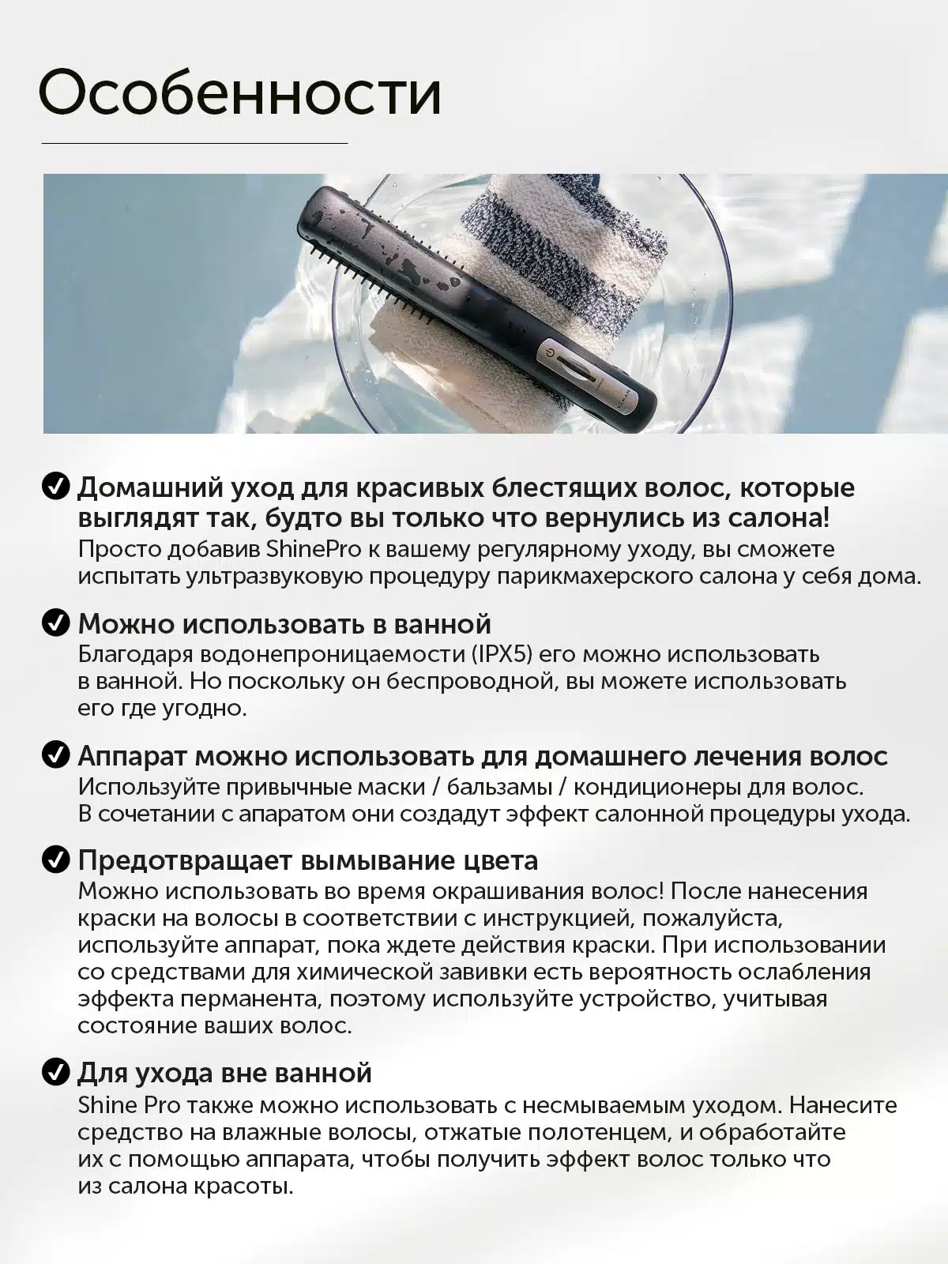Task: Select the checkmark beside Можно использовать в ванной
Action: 55,623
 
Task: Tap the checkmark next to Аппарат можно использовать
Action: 55,755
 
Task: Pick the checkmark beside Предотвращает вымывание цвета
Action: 55,860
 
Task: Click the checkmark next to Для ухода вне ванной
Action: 55,1073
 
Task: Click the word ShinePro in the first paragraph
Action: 313,549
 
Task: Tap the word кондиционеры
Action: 665,787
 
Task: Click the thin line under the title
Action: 194,143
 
